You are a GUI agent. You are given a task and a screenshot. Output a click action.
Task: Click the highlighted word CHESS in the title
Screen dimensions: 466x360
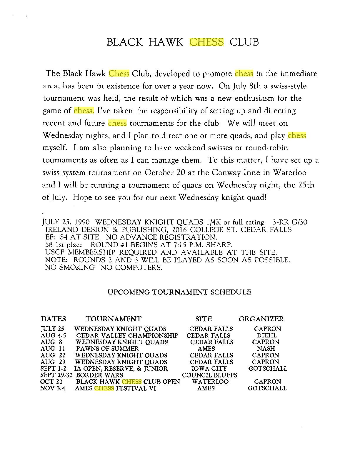coord(207,42)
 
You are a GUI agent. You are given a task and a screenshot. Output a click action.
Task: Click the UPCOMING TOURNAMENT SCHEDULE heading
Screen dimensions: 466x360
coord(179,292)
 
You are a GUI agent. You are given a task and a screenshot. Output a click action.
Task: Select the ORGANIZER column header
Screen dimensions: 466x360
coord(261,319)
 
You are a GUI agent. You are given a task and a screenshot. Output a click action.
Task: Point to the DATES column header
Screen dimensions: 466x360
coord(54,319)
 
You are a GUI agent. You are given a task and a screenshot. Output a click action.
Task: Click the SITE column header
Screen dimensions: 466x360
coord(204,319)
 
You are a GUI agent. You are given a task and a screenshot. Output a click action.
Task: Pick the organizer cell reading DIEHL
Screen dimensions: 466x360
coord(267,335)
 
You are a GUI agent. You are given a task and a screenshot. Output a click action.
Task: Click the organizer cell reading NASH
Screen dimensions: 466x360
coord(266,349)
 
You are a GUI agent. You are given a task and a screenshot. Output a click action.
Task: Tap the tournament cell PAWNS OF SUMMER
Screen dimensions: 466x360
coord(107,349)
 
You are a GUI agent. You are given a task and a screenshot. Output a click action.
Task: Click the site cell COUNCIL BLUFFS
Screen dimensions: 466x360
coord(210,375)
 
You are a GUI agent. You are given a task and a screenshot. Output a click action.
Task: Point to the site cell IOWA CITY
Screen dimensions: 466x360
coord(209,368)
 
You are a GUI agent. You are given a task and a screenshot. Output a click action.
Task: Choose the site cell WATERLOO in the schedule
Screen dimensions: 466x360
coord(210,382)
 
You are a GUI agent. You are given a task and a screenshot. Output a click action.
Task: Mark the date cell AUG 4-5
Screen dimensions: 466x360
coord(54,335)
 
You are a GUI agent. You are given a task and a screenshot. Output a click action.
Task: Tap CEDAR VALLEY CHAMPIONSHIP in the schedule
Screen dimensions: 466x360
coord(127,335)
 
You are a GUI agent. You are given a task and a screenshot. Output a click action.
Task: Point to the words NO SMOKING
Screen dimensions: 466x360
coord(70,268)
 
